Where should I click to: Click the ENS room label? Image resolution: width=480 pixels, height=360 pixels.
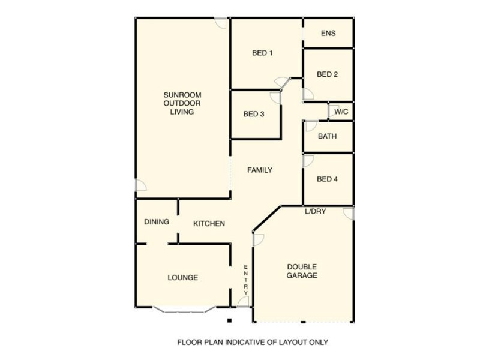coord(328,34)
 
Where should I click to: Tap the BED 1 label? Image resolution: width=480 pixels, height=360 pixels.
coord(262,53)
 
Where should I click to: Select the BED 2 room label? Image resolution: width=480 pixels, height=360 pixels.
coord(328,74)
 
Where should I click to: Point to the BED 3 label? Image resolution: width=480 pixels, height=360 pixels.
coord(254,114)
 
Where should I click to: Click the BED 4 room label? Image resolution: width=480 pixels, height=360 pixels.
coord(328,179)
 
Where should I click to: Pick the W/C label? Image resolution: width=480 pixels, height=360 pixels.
coord(341,112)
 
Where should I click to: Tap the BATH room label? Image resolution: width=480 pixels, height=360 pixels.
coord(328,136)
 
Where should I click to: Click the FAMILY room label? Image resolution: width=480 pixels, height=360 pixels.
coord(260,170)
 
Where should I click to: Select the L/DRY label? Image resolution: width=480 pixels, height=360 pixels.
coord(315,211)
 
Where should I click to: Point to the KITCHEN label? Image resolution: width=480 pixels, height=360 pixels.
coord(209,224)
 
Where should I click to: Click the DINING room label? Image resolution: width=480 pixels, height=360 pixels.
coord(157,222)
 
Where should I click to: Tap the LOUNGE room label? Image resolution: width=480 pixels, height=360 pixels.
coord(183,278)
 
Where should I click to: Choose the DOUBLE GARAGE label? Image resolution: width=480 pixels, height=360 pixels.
coord(302,271)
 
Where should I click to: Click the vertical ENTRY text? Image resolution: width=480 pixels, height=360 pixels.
coord(245,280)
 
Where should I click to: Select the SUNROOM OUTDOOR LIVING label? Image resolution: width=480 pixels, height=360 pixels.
coord(182,103)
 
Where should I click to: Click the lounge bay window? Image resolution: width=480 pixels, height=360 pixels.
coord(184,310)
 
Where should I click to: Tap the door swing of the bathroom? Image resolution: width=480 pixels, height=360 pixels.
coord(310,125)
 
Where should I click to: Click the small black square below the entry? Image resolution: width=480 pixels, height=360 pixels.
coord(229,320)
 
